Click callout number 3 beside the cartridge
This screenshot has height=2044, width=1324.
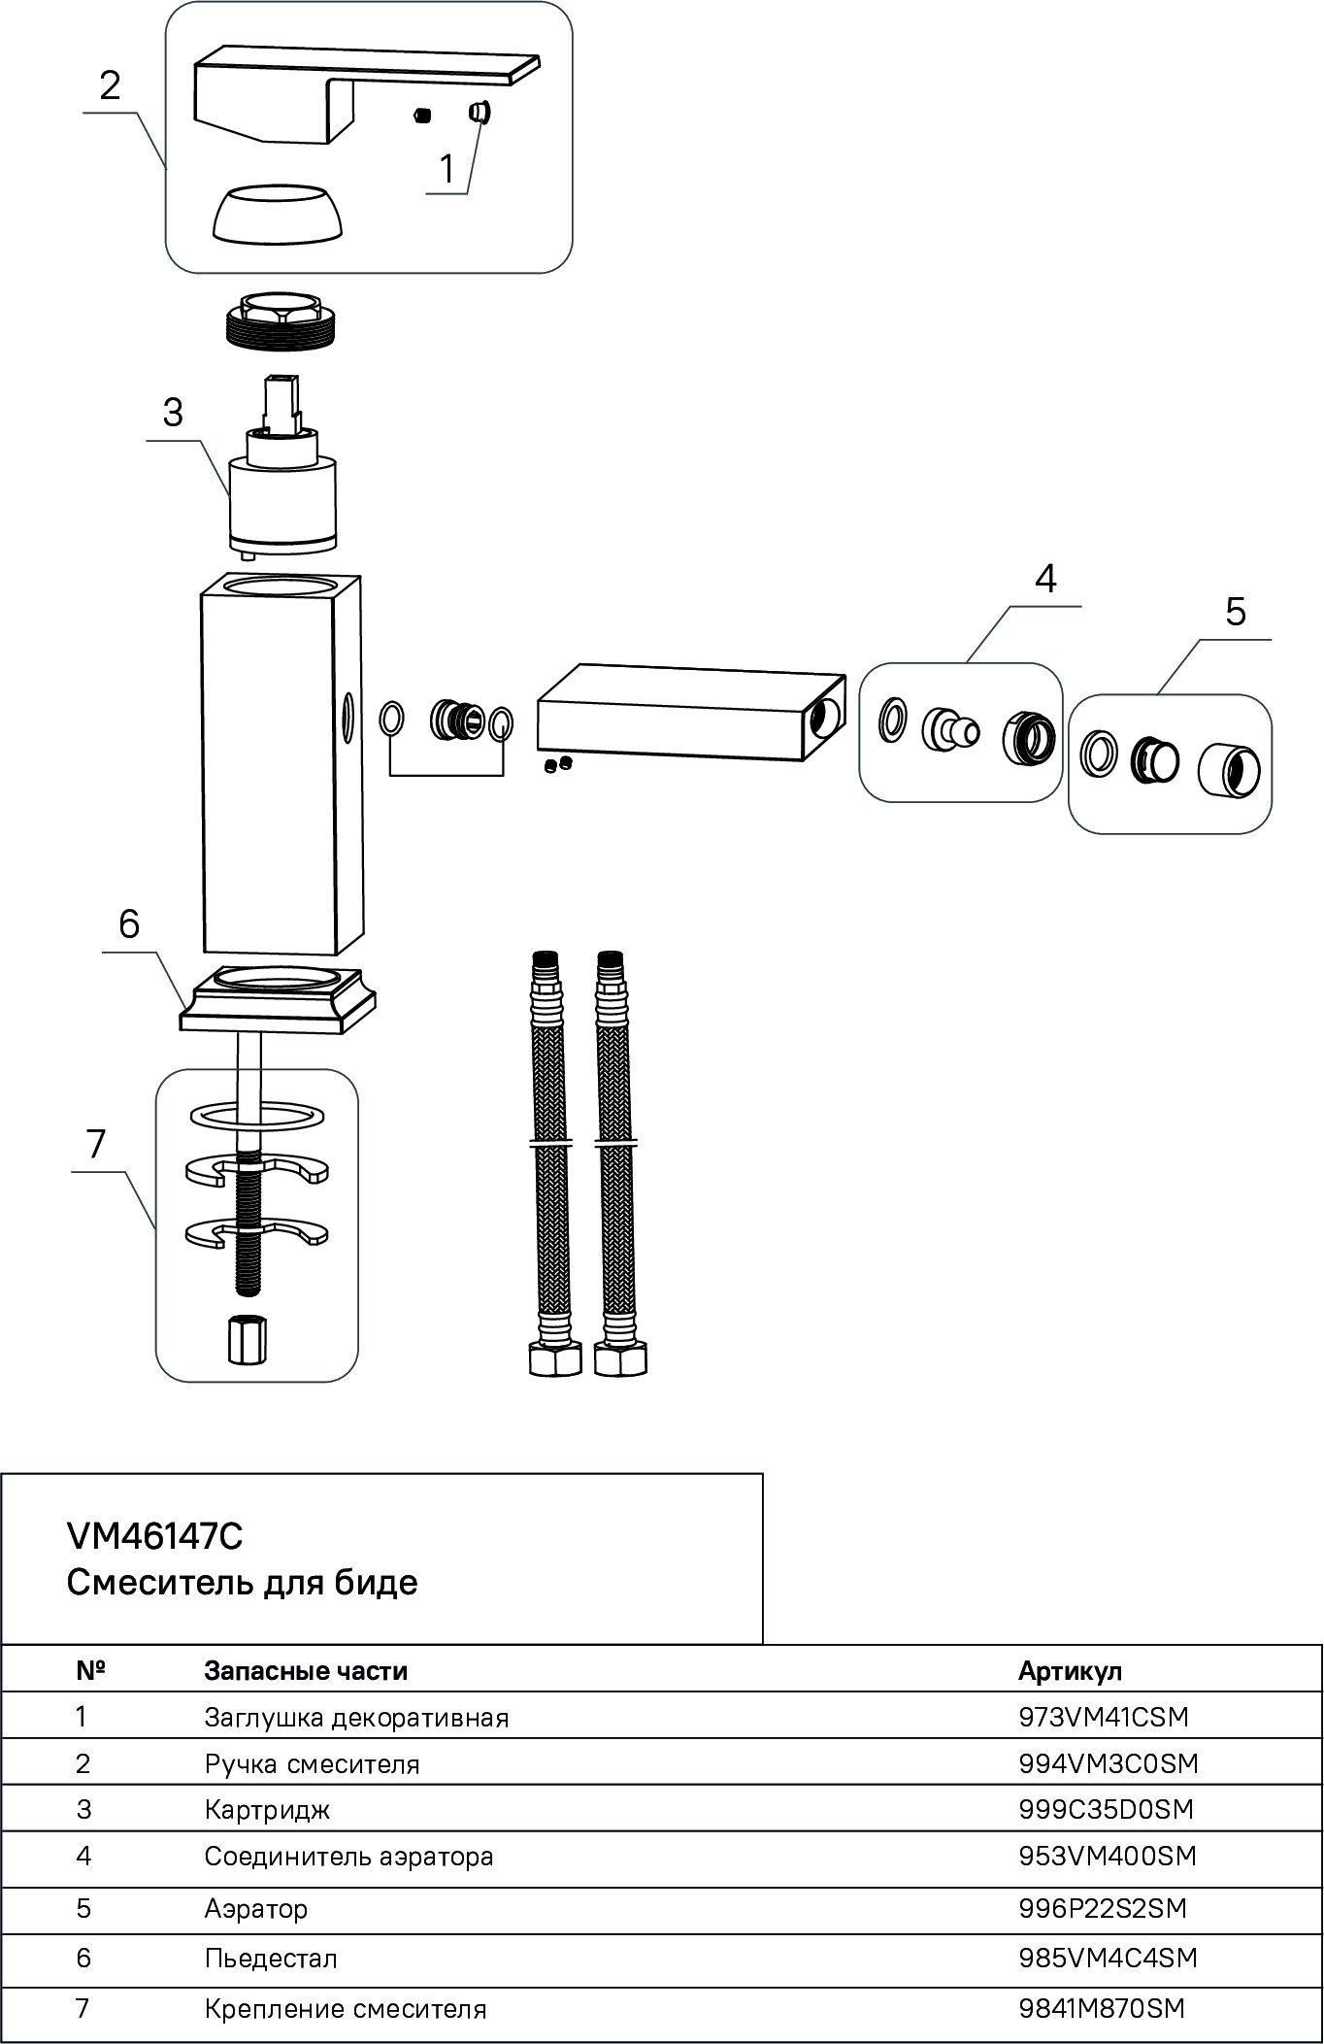click(x=173, y=413)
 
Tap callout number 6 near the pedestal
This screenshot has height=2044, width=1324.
click(x=129, y=924)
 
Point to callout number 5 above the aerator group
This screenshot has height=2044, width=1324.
click(x=1235, y=613)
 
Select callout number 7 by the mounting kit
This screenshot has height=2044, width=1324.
click(x=95, y=1145)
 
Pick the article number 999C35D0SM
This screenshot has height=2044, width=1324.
click(x=1106, y=1809)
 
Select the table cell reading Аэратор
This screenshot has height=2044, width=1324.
click(x=255, y=1908)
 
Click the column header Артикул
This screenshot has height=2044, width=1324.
click(x=1070, y=1670)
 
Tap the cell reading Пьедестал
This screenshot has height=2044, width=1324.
click(x=271, y=1958)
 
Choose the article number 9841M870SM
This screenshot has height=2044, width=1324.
click(x=1102, y=2008)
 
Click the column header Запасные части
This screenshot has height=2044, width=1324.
click(x=306, y=1670)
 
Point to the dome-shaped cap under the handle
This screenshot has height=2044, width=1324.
click(x=277, y=214)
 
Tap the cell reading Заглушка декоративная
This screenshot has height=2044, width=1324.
click(x=356, y=1717)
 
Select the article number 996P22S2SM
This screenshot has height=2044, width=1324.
click(x=1102, y=1908)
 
